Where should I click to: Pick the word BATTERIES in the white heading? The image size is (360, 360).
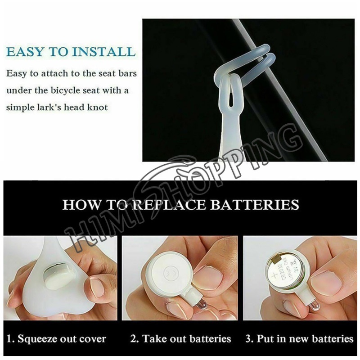pos(254,205)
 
